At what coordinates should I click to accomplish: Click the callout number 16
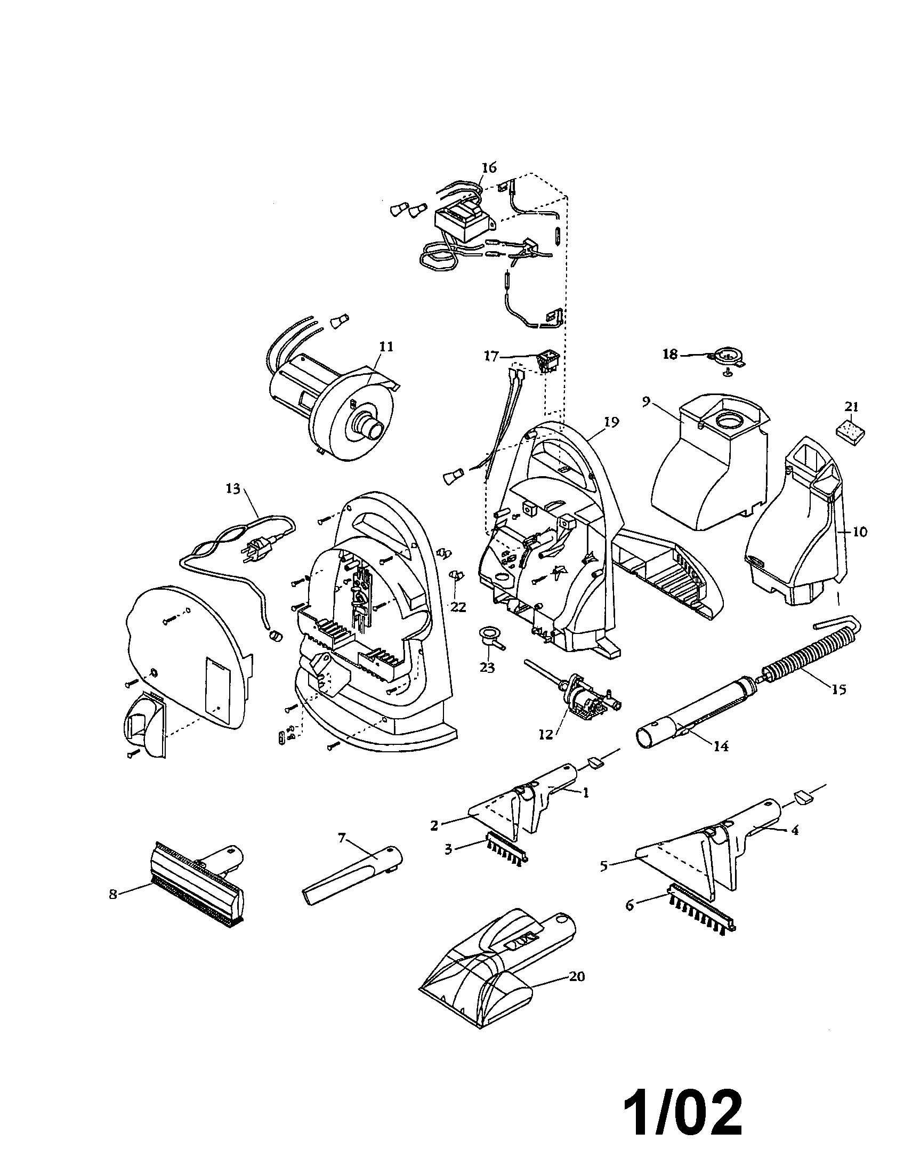(x=489, y=167)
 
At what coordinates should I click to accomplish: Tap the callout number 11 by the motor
(x=385, y=347)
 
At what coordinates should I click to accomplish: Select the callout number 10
(x=860, y=532)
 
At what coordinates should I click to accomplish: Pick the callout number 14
(x=721, y=746)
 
